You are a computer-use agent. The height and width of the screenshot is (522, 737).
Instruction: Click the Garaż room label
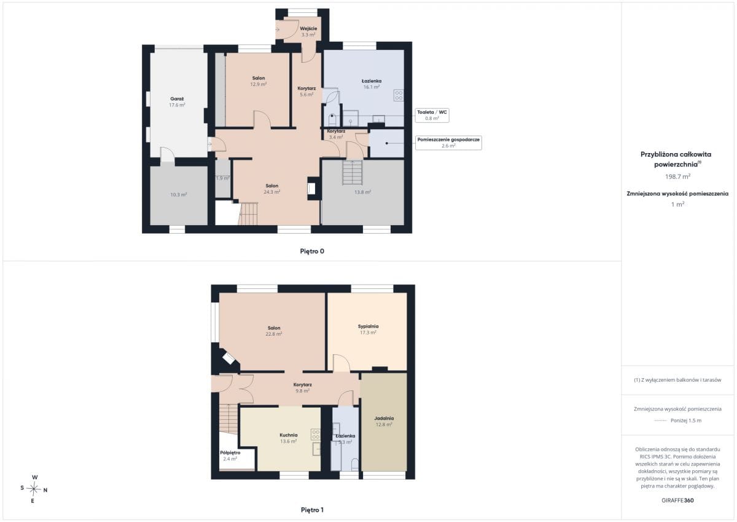point(177,99)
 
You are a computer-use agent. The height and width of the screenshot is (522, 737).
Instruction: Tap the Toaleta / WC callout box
point(432,115)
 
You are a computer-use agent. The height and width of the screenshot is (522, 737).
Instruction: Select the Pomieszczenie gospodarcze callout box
point(448,143)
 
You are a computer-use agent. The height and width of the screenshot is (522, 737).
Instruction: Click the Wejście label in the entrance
point(308,29)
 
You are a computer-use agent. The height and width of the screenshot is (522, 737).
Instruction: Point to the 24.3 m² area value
point(271,192)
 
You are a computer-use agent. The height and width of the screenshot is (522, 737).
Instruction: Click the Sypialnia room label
point(368,326)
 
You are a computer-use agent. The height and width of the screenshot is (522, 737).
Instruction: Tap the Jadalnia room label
point(384,418)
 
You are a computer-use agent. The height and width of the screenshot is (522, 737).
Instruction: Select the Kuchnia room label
point(289,435)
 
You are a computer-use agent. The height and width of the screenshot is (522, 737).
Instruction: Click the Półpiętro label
point(230,453)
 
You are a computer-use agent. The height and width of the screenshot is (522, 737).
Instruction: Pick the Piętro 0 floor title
point(312,251)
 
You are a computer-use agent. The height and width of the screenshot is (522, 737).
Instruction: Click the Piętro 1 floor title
point(312,510)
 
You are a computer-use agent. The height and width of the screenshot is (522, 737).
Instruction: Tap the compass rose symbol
point(34,489)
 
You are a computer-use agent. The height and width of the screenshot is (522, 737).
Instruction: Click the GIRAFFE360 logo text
point(677,500)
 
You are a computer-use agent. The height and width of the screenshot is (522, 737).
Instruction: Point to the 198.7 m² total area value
point(677,176)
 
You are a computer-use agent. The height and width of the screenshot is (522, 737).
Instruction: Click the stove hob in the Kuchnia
point(316,435)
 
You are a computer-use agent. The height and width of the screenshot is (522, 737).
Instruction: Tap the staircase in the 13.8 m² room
point(353,172)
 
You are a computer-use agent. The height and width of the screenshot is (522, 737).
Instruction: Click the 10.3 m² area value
point(178,195)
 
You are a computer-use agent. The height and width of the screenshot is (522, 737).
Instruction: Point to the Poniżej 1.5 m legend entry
point(678,421)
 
